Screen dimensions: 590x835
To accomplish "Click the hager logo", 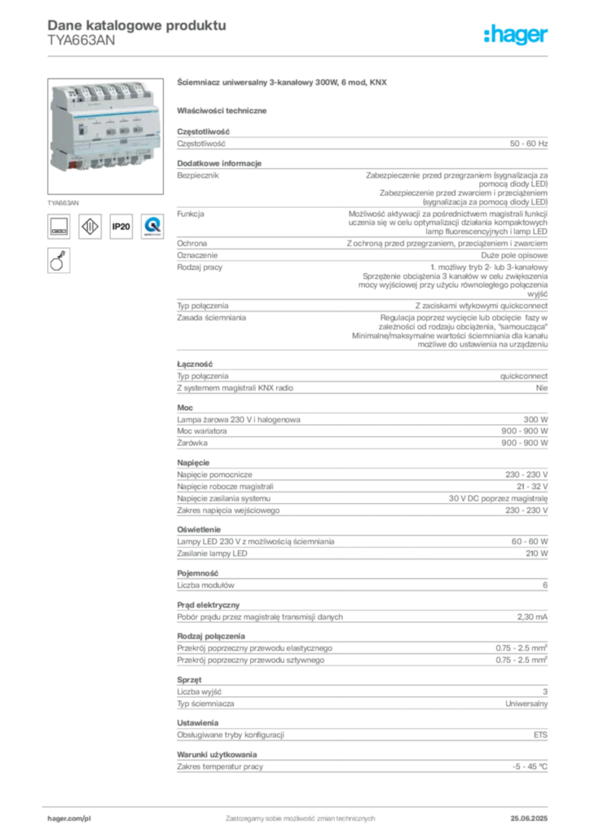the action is pos(515,34).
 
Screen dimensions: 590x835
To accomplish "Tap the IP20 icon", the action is pos(121,227).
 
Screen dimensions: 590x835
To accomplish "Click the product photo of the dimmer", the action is pos(105,136).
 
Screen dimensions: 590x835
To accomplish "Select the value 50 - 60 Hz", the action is pos(528,144).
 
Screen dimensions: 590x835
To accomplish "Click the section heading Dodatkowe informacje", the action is pos(219,163).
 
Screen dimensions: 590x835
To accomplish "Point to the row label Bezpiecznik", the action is pos(198,175).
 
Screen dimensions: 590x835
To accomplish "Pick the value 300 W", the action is pos(535,420).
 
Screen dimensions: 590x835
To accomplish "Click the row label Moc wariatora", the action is pos(201,431).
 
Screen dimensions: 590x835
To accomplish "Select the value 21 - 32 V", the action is pos(532,486).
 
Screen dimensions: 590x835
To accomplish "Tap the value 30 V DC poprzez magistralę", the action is pos(498,498).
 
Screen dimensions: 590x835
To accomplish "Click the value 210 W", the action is pos(537,554).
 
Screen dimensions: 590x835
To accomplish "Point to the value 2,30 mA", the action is pos(532,616).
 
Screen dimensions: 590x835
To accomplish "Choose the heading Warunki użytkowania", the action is pos(217,754).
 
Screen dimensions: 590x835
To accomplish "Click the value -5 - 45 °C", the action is pos(530,767).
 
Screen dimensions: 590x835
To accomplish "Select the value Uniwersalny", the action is pos(526,704).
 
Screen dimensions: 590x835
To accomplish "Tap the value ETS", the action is pos(540,735).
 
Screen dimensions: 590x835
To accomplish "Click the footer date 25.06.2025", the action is pos(529,818).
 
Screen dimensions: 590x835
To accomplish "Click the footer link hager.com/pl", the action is pos(69,819).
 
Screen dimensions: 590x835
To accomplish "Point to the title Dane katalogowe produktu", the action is pos(137,25).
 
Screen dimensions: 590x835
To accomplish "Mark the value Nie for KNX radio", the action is pos(542,387).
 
